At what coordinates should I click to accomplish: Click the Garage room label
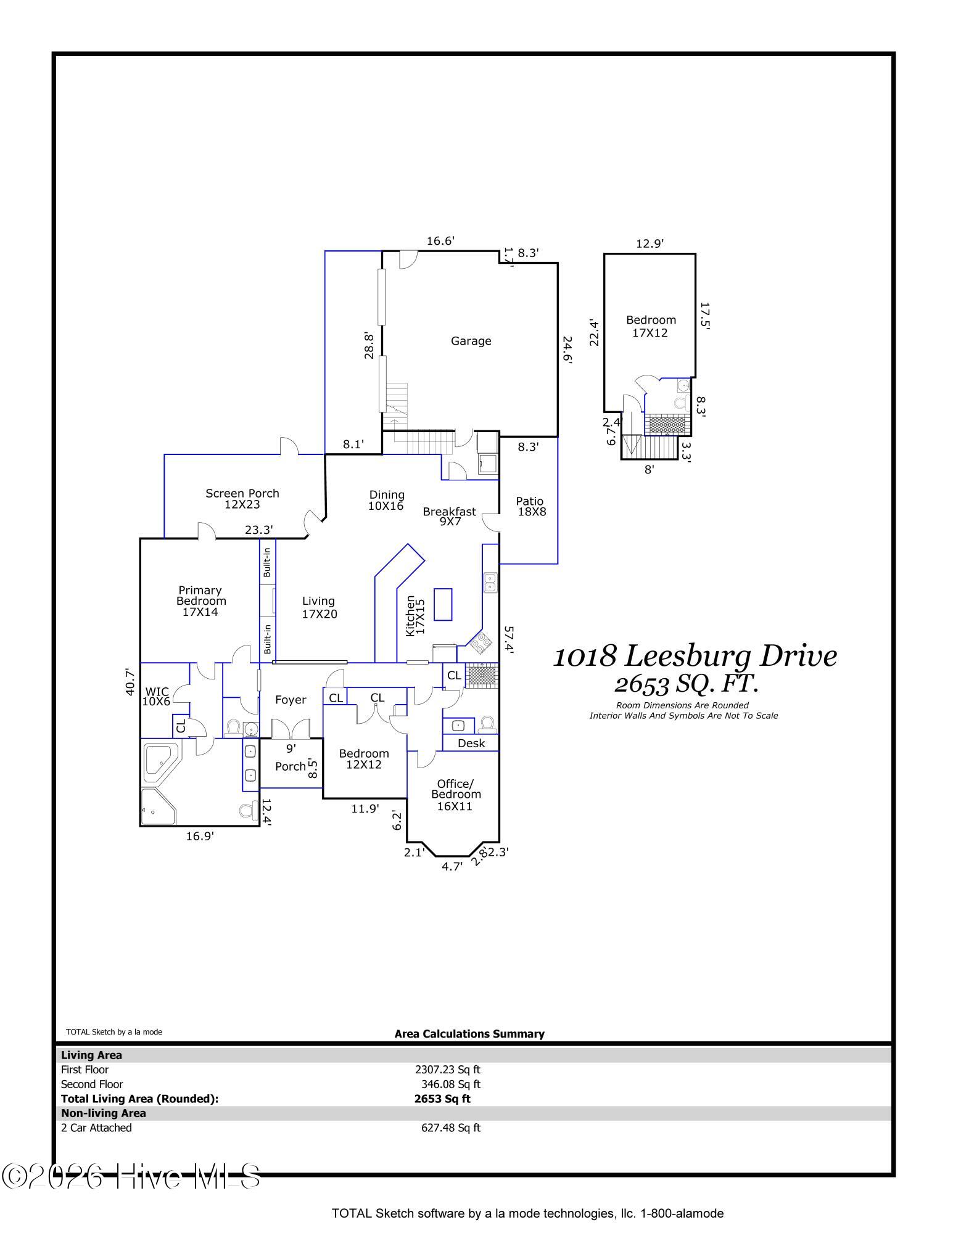point(471,341)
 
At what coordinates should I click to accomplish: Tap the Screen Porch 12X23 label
point(242,499)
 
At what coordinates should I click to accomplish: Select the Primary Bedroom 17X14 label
point(200,601)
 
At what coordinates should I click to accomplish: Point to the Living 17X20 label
point(319,607)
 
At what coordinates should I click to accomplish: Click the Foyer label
point(291,700)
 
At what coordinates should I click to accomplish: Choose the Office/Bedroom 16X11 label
point(456,795)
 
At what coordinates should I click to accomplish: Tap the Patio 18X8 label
point(531,506)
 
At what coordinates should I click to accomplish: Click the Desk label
point(471,743)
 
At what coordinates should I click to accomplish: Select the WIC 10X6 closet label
point(156,697)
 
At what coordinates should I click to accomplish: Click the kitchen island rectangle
point(443,604)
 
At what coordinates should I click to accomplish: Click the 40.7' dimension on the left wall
point(130,682)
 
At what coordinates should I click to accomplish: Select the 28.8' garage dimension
point(369,346)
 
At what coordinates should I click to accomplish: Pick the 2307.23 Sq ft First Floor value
point(448,1070)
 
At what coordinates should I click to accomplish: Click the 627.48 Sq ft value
point(451,1128)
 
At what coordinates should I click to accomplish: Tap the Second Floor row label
point(92,1084)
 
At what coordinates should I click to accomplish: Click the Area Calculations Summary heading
point(469,1034)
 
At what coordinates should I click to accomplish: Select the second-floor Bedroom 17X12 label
point(651,326)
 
